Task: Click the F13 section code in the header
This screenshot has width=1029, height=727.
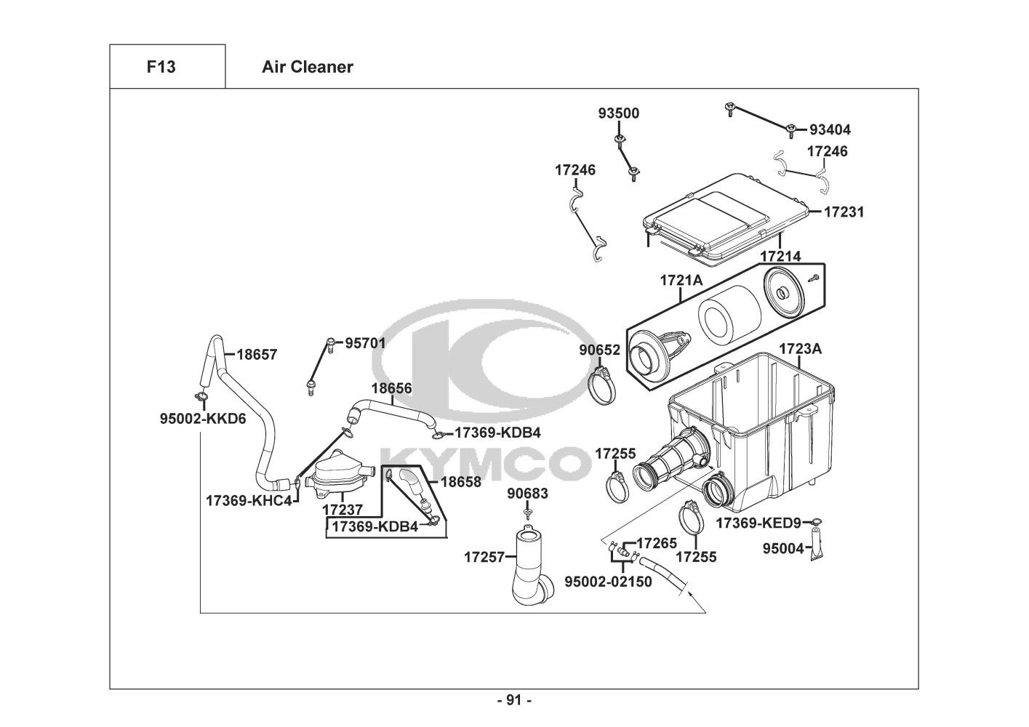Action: tap(161, 67)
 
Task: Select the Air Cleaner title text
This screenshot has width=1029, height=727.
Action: tap(307, 67)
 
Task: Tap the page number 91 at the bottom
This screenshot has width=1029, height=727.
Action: tap(514, 700)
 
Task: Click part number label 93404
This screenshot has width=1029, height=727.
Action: tap(830, 130)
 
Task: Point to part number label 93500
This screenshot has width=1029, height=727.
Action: tap(619, 113)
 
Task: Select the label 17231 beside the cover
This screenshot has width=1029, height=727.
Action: tap(844, 212)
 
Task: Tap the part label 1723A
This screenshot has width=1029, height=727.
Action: tap(800, 349)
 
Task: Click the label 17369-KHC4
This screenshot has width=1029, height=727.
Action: tap(249, 501)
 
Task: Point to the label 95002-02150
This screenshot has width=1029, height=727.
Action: tap(608, 582)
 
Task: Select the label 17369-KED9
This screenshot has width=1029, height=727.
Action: tap(758, 523)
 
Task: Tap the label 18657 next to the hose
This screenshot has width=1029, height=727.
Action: tap(257, 355)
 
